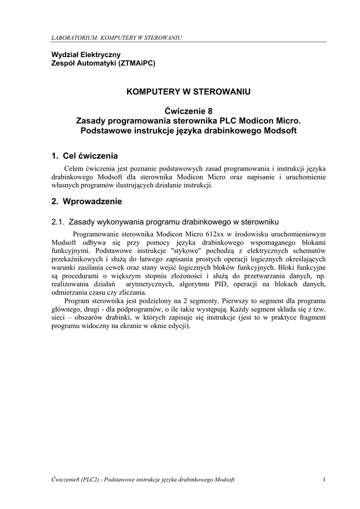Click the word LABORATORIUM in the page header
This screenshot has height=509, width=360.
coord(72,38)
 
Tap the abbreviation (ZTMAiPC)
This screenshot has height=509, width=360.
coord(136,63)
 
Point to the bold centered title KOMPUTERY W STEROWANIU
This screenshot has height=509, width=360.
coord(188,91)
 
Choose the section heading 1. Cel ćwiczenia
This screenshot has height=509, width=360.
coord(85,156)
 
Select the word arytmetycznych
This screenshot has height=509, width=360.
coord(150,284)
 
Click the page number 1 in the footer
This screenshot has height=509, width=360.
coord(324,479)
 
